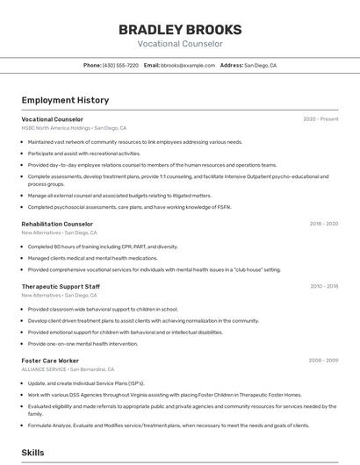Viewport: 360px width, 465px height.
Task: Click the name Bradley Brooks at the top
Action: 180,30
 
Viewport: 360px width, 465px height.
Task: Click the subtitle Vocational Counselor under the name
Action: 180,44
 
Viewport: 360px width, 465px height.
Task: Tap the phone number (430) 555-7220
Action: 120,66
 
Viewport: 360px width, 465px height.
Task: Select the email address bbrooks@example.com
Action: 187,66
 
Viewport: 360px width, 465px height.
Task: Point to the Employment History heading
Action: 65,100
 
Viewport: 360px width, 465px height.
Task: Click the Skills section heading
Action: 33,453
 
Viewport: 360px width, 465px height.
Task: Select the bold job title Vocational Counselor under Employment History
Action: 52,119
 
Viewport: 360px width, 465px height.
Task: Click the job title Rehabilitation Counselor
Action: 57,224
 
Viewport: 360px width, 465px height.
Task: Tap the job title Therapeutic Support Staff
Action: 61,286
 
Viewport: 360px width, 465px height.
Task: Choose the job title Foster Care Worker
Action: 50,361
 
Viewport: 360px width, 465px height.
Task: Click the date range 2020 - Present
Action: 320,119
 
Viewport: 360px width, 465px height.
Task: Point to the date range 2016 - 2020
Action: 323,224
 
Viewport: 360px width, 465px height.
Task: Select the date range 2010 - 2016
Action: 323,286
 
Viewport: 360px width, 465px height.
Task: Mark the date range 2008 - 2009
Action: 323,361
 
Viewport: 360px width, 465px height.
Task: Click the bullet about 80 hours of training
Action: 103,247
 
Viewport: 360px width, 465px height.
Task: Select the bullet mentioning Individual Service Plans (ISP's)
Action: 86,383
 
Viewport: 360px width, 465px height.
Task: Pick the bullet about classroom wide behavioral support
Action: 103,309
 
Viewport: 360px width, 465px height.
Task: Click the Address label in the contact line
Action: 231,66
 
